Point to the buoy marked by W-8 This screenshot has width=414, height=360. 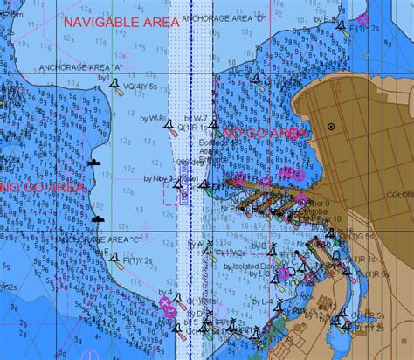pyautogui.click(x=167, y=126)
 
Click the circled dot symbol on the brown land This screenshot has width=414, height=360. pyautogui.click(x=331, y=128)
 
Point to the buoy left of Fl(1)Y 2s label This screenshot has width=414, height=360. pyautogui.click(x=112, y=253)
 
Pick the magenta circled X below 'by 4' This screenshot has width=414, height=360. pyautogui.click(x=167, y=304)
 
